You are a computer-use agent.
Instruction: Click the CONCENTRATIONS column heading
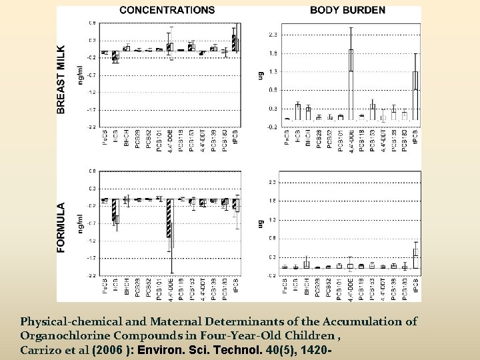pyautogui.click(x=167, y=10)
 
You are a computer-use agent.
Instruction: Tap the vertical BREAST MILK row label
pyautogui.click(x=61, y=79)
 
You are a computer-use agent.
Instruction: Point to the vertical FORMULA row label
pyautogui.click(x=61, y=227)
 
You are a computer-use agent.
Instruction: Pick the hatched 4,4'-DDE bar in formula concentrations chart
pyautogui.click(x=169, y=218)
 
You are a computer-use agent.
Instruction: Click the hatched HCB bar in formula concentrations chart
pyautogui.click(x=115, y=209)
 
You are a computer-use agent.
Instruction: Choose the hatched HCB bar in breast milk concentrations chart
pyautogui.click(x=115, y=57)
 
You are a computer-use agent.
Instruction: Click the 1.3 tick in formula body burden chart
pyautogui.click(x=272, y=219)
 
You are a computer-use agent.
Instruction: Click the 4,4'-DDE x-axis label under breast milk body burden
pyautogui.click(x=351, y=141)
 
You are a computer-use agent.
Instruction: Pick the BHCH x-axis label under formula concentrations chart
pyautogui.click(x=125, y=289)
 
